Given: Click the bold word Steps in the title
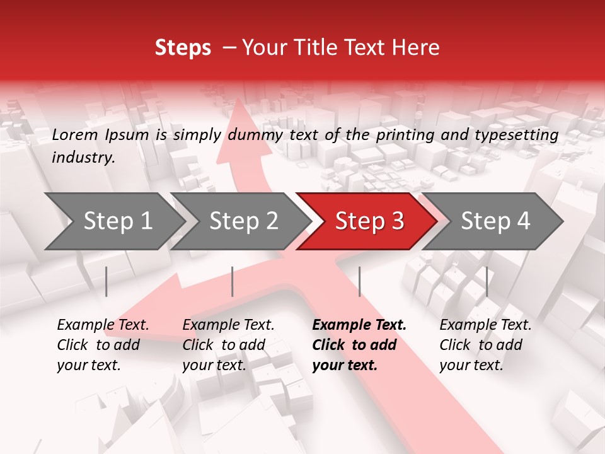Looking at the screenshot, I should point(183,48).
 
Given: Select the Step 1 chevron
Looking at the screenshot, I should point(113,221).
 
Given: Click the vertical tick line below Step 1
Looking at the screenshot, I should point(107,281).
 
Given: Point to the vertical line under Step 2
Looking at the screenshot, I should point(233,281).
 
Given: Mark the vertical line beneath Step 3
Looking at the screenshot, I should point(359,281).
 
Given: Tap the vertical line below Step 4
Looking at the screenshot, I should point(487,281).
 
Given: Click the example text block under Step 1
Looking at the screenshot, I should point(103,345).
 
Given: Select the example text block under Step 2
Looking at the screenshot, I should point(228,345).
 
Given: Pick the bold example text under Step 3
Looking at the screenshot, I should point(359,345).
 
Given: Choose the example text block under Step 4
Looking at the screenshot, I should point(485,345).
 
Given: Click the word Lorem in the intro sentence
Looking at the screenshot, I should point(75,134).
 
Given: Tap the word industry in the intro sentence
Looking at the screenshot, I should point(83,158).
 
